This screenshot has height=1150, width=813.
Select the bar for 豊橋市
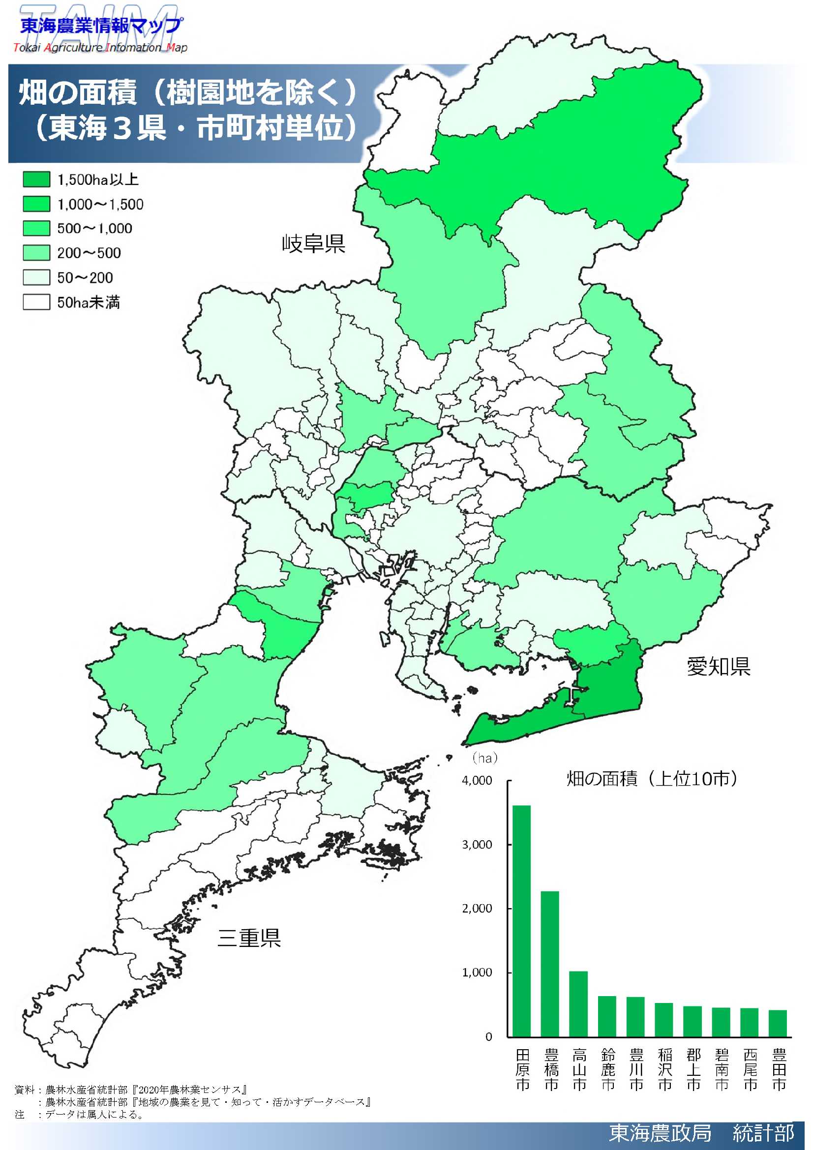click(x=549, y=964)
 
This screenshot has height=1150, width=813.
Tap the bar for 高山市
click(x=578, y=1004)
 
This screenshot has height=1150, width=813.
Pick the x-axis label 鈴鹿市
click(x=607, y=1069)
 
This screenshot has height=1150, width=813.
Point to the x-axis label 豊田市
click(x=779, y=1069)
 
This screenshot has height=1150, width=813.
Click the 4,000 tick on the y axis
click(x=477, y=780)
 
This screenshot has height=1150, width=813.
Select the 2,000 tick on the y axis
click(x=477, y=909)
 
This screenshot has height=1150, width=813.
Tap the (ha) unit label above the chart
click(x=485, y=758)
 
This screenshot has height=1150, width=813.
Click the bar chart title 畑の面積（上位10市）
click(x=652, y=779)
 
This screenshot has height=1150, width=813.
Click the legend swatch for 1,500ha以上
click(x=36, y=179)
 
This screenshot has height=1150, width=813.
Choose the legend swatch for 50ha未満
click(x=36, y=302)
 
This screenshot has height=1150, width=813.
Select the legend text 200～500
click(x=89, y=253)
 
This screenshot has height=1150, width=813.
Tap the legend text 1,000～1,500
click(x=100, y=205)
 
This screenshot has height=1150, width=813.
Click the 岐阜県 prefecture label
click(x=313, y=243)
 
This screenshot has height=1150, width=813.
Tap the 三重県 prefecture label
click(x=249, y=938)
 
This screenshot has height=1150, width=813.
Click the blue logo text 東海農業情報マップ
click(x=100, y=25)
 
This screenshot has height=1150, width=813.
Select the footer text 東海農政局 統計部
click(x=701, y=1133)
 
